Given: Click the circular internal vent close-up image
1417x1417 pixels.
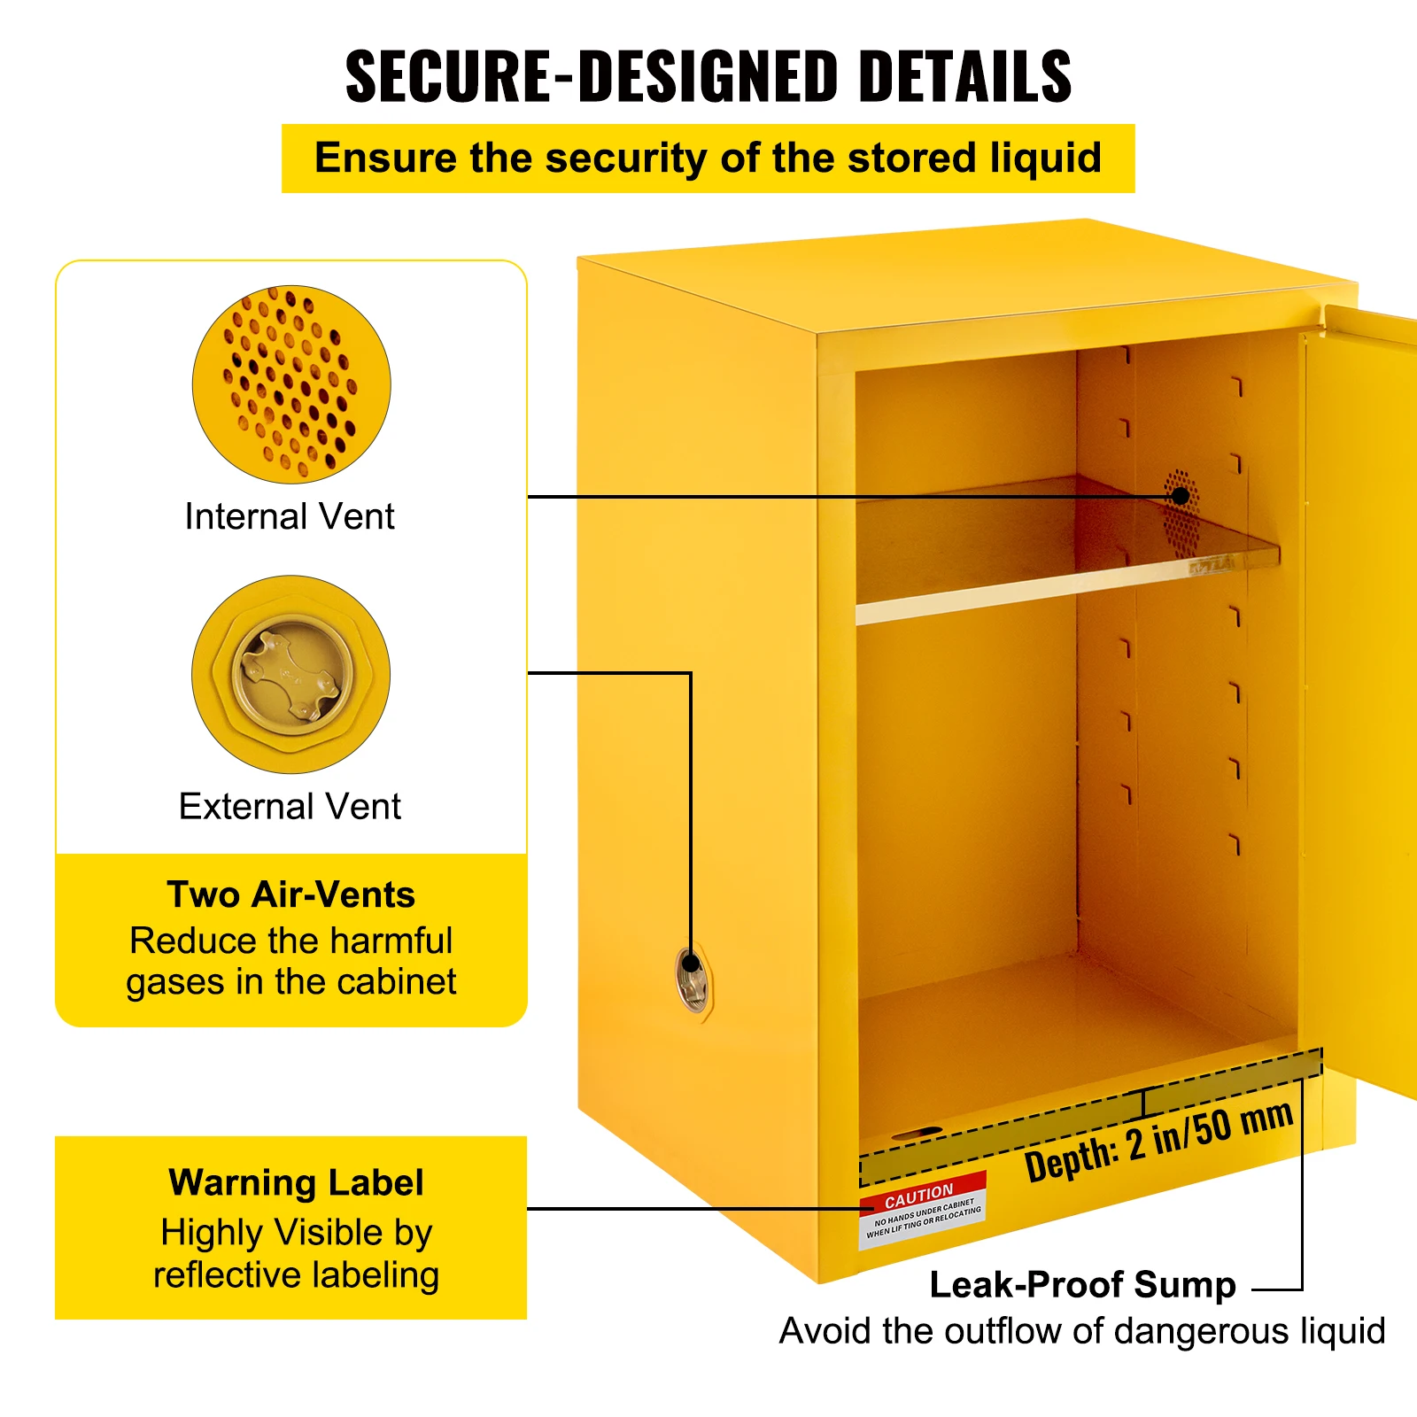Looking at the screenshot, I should pos(291,383).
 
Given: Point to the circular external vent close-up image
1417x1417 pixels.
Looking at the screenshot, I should pos(291,674).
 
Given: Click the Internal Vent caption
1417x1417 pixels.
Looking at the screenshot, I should pos(290,516).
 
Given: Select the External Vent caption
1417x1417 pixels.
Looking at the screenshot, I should pos(290,807).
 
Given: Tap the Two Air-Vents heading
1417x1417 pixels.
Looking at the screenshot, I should pos(291,894).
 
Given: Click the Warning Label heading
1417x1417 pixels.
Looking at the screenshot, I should pos(296,1183).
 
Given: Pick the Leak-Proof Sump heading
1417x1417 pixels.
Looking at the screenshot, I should pos(1082,1285).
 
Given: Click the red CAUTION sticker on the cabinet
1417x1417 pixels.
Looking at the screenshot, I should pos(921,1211).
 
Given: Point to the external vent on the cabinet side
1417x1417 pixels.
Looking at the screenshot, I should pos(692,981).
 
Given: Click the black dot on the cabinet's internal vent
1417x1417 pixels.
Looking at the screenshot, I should pos(1181,496).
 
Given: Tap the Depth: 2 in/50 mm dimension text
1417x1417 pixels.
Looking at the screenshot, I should pos(1158,1142).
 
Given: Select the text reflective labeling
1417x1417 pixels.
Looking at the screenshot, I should pos(296,1275).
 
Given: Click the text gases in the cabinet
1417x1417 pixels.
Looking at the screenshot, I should pos(291,982).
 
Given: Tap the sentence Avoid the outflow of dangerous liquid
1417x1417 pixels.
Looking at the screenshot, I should pos(1082,1331).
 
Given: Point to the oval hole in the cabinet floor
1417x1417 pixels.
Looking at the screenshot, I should pos(918,1133).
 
